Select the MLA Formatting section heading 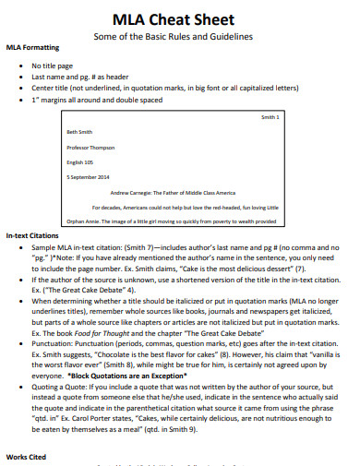(x=34, y=48)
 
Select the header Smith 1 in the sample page (x=270, y=117)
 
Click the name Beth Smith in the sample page (x=80, y=131)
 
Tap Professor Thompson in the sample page (x=89, y=147)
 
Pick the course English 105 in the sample (x=81, y=162)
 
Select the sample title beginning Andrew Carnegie (x=174, y=192)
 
